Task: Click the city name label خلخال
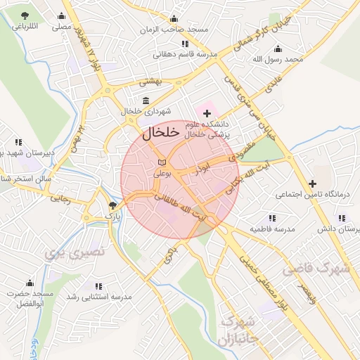161,132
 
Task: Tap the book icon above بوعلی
162,163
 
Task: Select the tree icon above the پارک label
112,206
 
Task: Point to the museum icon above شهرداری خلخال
146,101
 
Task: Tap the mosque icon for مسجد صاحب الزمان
185,18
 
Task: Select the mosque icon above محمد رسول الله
278,49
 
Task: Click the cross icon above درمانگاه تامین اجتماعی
312,183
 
